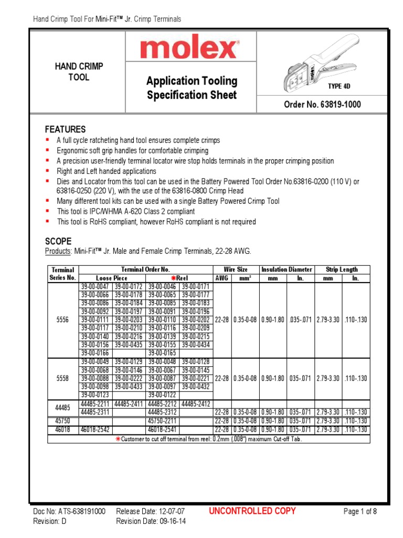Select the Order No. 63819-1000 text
click(x=322, y=105)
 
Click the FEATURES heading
click(x=65, y=129)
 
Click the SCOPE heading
click(x=58, y=241)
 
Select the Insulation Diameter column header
click(x=287, y=270)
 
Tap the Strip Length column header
click(x=342, y=270)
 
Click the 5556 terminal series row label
click(x=63, y=320)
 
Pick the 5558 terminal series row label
click(x=63, y=378)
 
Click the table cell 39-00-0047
click(x=96, y=287)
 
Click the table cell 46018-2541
click(x=163, y=429)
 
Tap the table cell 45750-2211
click(x=163, y=421)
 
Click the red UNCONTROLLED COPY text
click(x=252, y=511)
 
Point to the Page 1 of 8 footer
click(x=360, y=511)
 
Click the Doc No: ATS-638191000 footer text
click(x=69, y=511)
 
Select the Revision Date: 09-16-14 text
click(x=151, y=521)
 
